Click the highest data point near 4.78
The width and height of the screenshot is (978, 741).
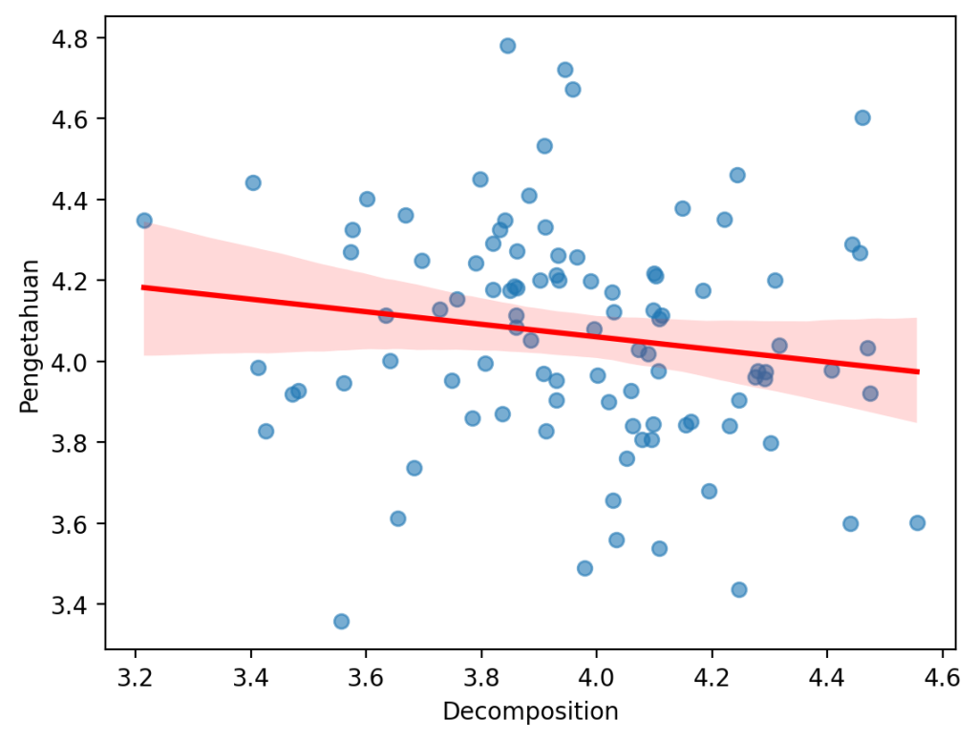pos(508,46)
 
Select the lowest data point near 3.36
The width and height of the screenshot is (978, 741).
pos(341,622)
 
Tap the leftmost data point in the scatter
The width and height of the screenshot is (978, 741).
pos(144,221)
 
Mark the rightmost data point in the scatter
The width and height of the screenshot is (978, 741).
pos(918,523)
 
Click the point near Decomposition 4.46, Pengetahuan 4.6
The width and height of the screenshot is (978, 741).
pos(862,117)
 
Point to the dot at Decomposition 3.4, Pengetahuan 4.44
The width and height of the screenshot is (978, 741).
pos(253,182)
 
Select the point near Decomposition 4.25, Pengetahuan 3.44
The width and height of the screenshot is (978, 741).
pos(738,589)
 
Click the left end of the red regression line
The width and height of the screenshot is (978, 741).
pos(144,287)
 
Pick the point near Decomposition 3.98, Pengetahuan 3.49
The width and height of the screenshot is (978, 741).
pos(585,568)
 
